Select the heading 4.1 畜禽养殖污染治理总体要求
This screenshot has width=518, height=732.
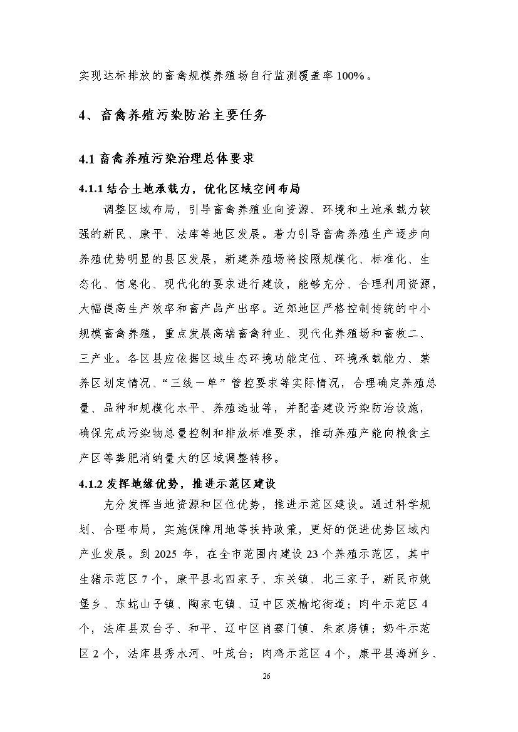166,159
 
